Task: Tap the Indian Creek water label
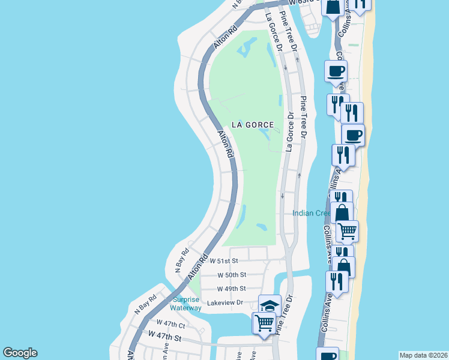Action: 311,213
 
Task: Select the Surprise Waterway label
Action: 185,304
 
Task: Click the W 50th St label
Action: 232,275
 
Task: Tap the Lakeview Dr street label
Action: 224,303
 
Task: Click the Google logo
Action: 20,353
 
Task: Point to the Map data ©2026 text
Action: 423,355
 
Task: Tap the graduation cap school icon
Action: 270,305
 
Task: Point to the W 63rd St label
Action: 302,2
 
